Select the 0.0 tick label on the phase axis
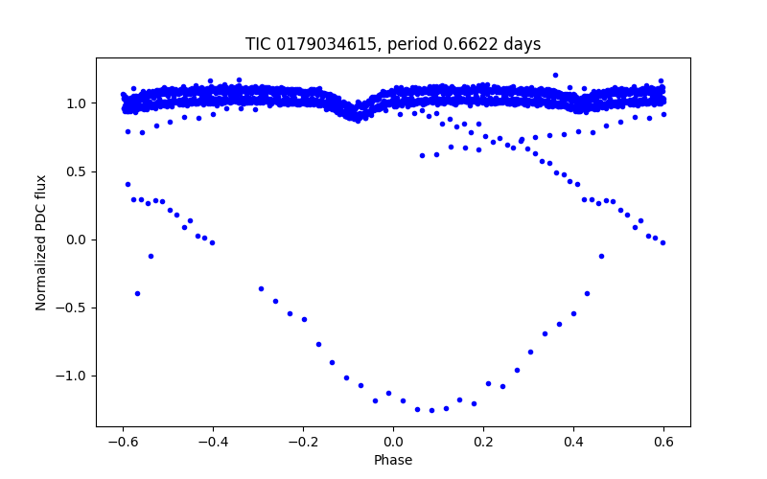point(393,443)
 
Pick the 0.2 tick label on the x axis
point(483,443)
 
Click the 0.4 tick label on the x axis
point(573,443)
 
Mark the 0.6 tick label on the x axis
point(663,443)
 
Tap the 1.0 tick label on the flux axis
point(78,103)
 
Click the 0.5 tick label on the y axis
point(78,171)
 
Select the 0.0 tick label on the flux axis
point(78,239)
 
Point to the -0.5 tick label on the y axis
point(74,308)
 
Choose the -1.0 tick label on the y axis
point(74,376)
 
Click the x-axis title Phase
point(393,461)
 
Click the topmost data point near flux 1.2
point(555,75)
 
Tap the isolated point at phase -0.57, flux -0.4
point(137,293)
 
